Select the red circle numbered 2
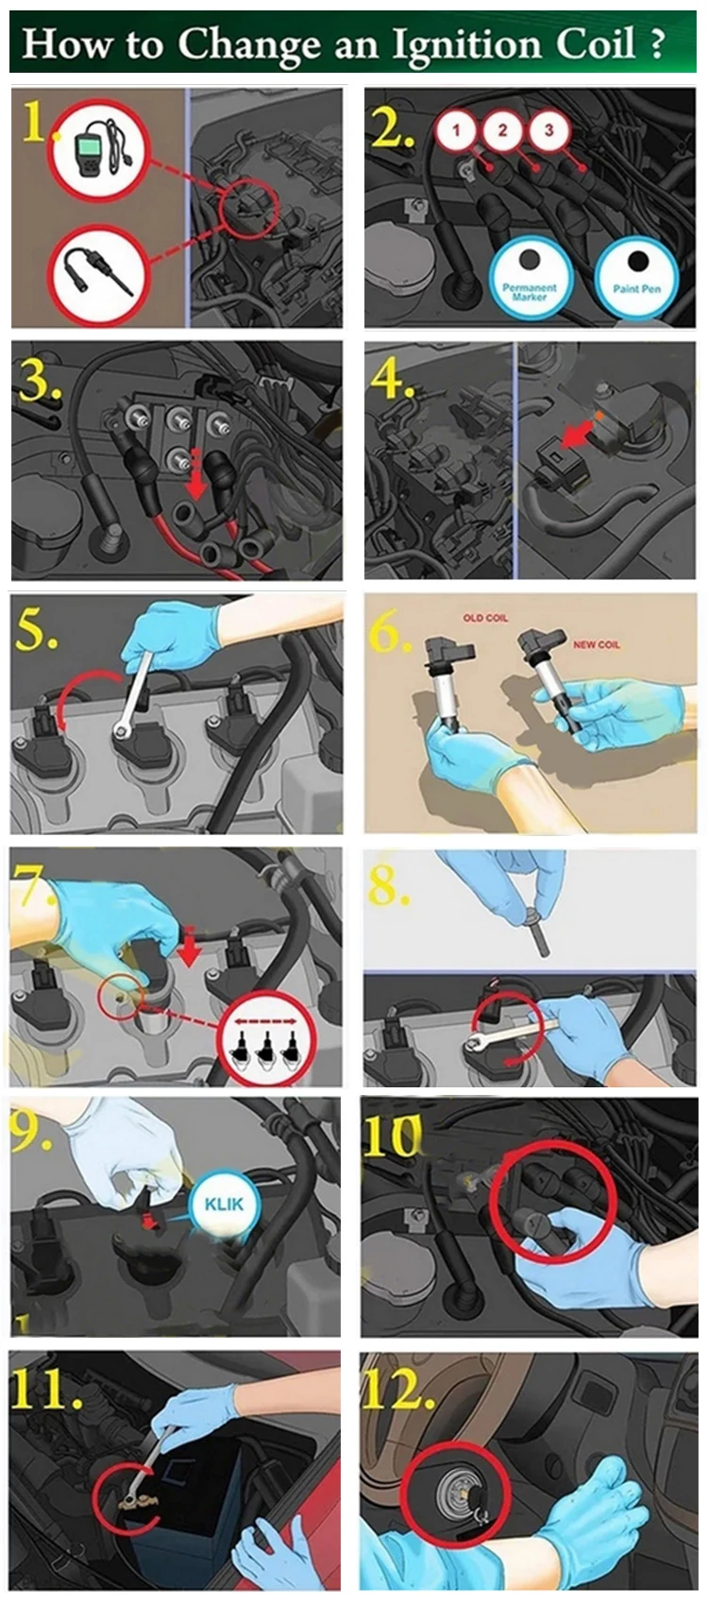pyautogui.click(x=501, y=129)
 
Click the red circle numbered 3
pyautogui.click(x=548, y=129)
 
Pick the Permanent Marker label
pyautogui.click(x=530, y=292)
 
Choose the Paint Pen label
pyautogui.click(x=636, y=288)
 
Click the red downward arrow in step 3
pyautogui.click(x=194, y=474)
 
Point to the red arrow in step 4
pyautogui.click(x=577, y=434)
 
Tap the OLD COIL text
pyautogui.click(x=485, y=617)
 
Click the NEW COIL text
pyautogui.click(x=597, y=644)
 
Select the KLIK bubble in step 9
pyautogui.click(x=224, y=1204)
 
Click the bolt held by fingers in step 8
pyautogui.click(x=536, y=931)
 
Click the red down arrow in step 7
pyautogui.click(x=189, y=947)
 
